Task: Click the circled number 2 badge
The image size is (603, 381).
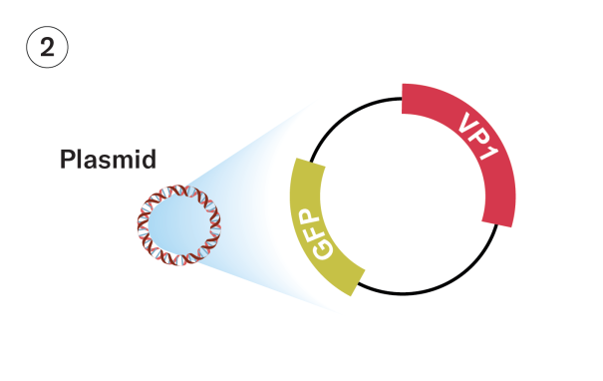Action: (x=46, y=47)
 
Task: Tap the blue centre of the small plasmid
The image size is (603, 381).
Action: (x=176, y=224)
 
